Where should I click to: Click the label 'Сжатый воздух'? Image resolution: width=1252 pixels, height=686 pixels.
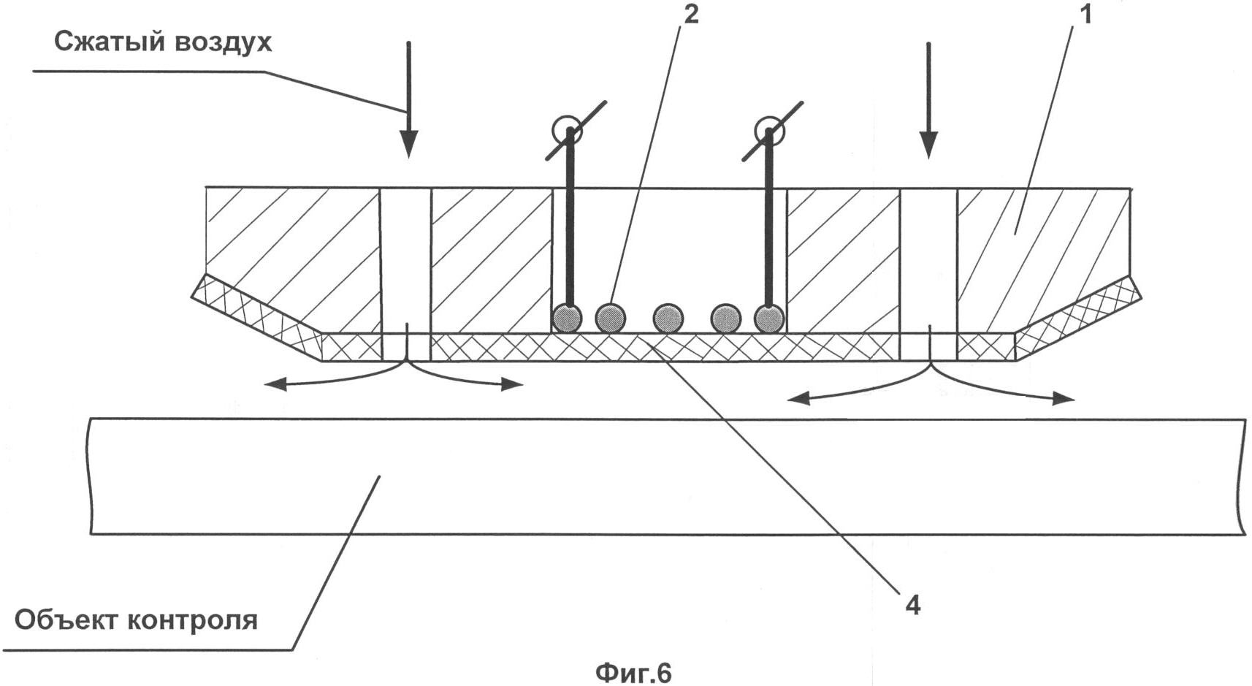162,42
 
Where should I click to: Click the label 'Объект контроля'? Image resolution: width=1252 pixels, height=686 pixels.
136,620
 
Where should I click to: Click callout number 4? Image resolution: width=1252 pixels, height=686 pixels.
912,605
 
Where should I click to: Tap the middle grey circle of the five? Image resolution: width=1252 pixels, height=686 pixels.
668,319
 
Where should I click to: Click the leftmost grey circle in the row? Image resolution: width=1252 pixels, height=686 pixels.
567,319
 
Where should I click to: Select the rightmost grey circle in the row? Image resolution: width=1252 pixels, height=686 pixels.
769,319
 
